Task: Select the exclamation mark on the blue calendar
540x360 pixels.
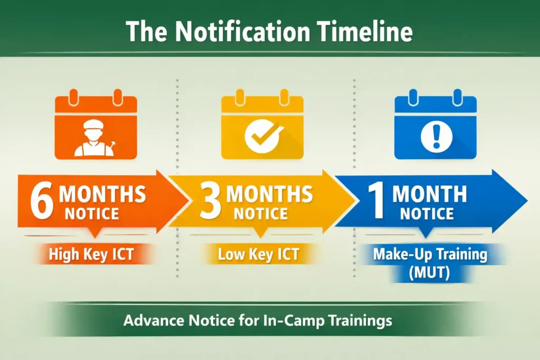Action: click(x=436, y=135)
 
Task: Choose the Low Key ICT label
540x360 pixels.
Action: click(x=258, y=255)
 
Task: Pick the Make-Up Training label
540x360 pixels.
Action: click(x=430, y=254)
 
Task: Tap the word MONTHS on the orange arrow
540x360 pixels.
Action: click(x=102, y=194)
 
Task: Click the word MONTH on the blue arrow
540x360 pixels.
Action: click(x=429, y=194)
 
